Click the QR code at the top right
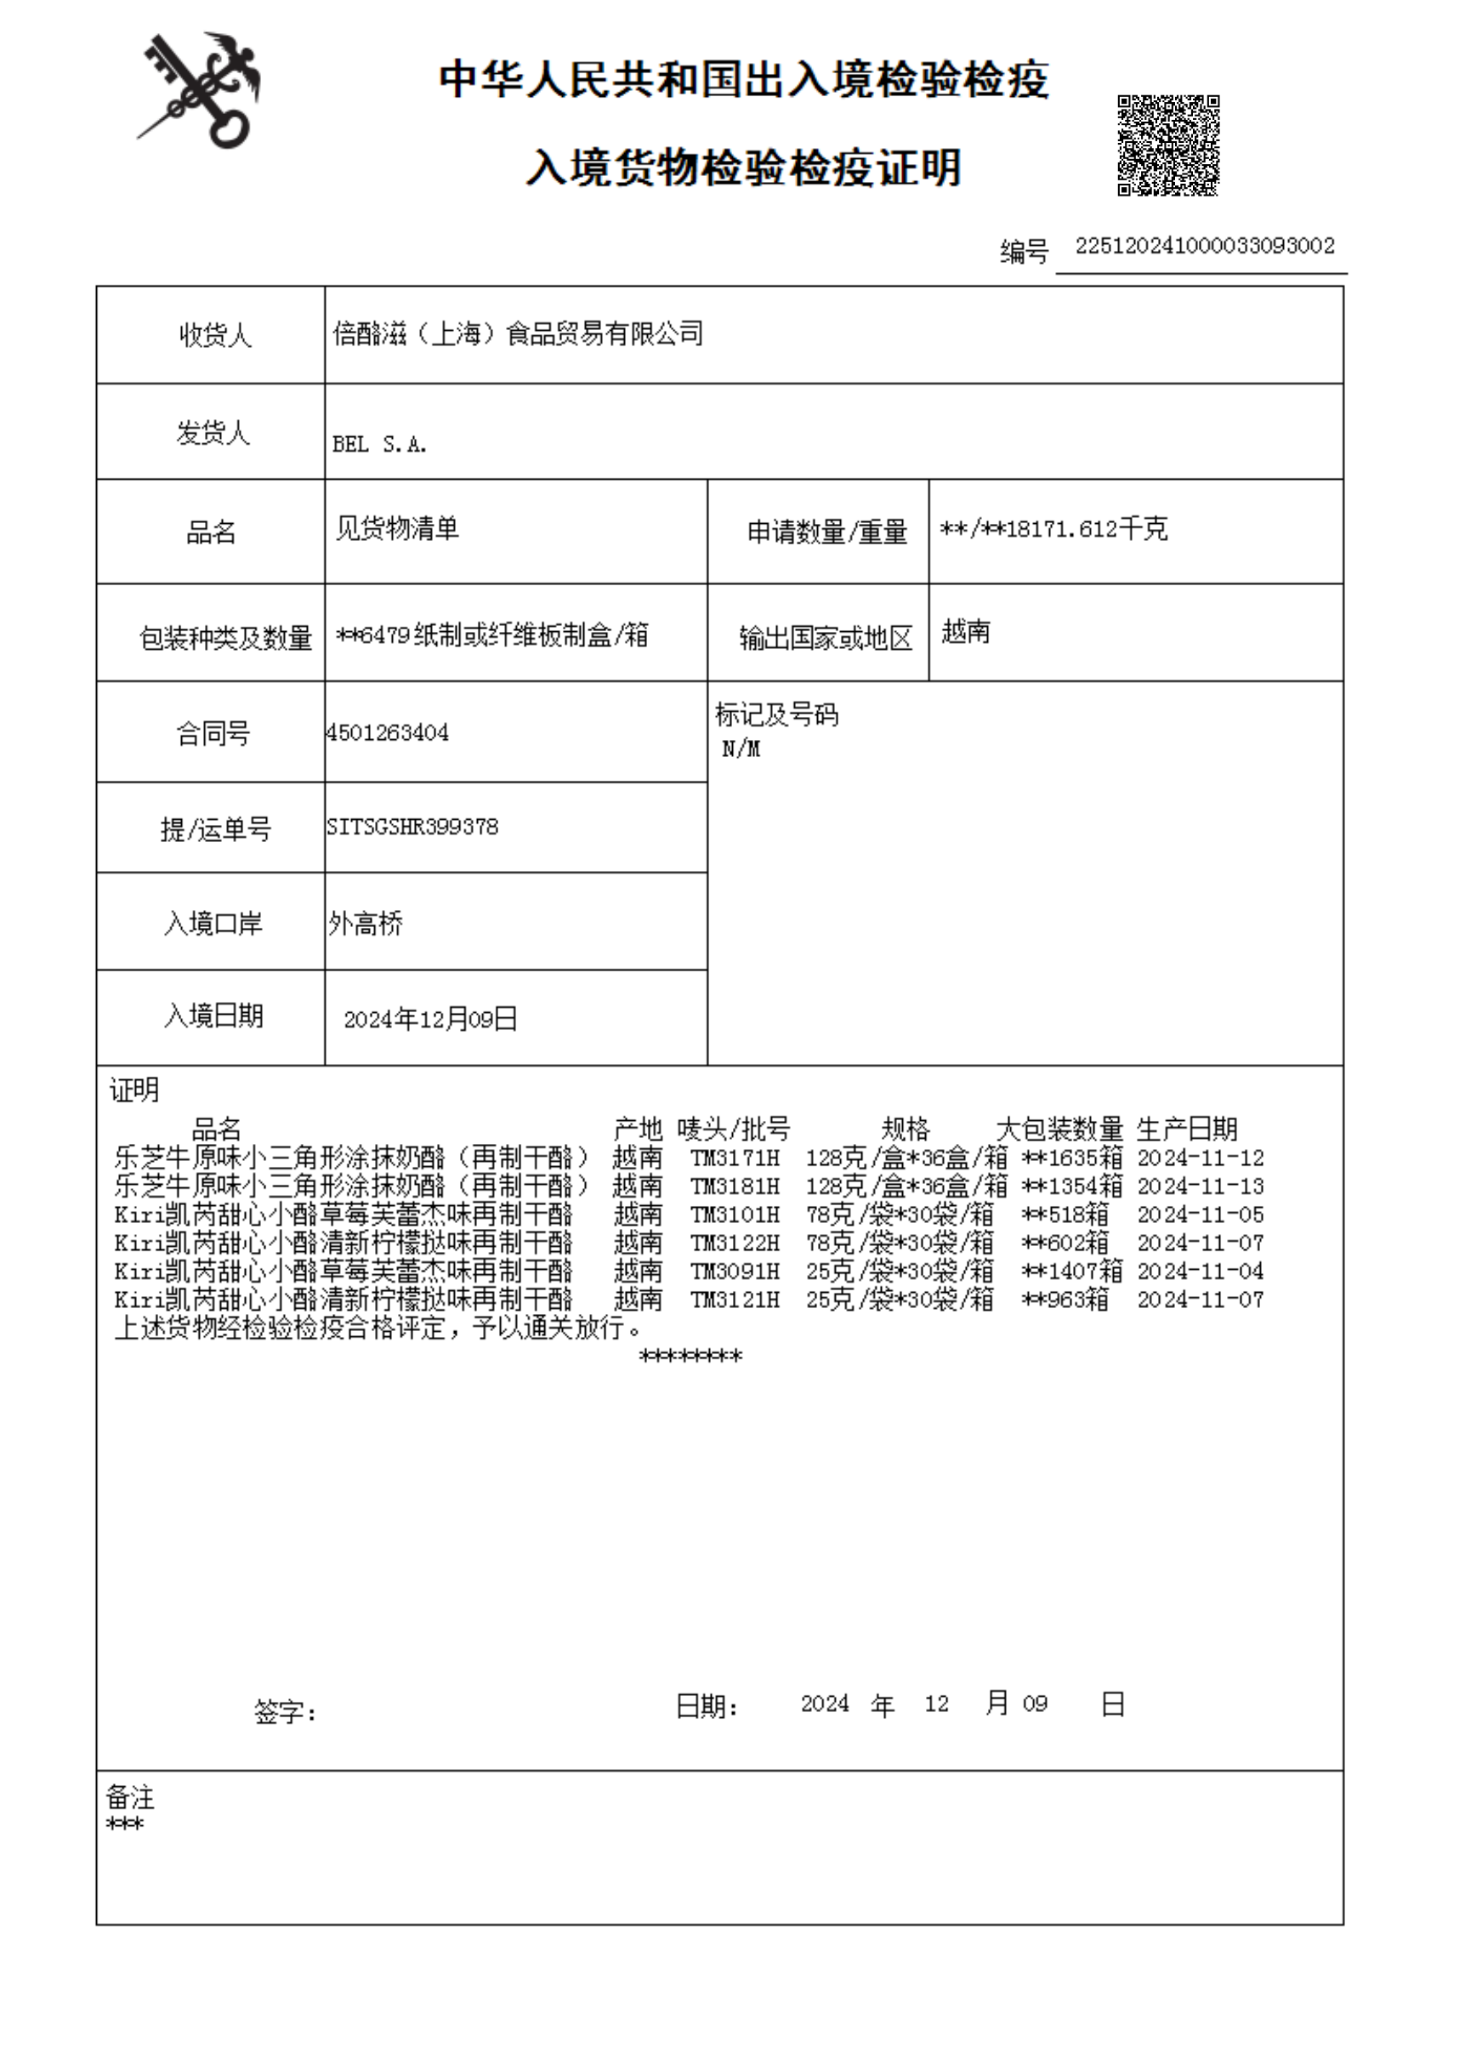pos(1168,145)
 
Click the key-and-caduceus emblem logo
pos(199,91)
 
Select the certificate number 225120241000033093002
pos(1204,247)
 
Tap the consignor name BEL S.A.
pos(379,444)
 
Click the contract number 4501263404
pos(388,733)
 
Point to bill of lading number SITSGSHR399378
pos(412,827)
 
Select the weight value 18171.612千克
pos(1086,529)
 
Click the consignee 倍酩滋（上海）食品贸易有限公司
pos(518,334)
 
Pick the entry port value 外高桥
pos(366,923)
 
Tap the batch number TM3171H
pos(735,1158)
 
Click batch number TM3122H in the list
pos(735,1243)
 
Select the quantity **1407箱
pos(1071,1272)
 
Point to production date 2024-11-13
pos(1200,1186)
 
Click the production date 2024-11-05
pos(1200,1215)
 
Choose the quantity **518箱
pos(1065,1215)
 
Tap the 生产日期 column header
pos(1186,1129)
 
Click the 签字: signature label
pos(285,1712)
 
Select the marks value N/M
pos(741,749)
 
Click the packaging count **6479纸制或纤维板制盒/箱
pos(491,635)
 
